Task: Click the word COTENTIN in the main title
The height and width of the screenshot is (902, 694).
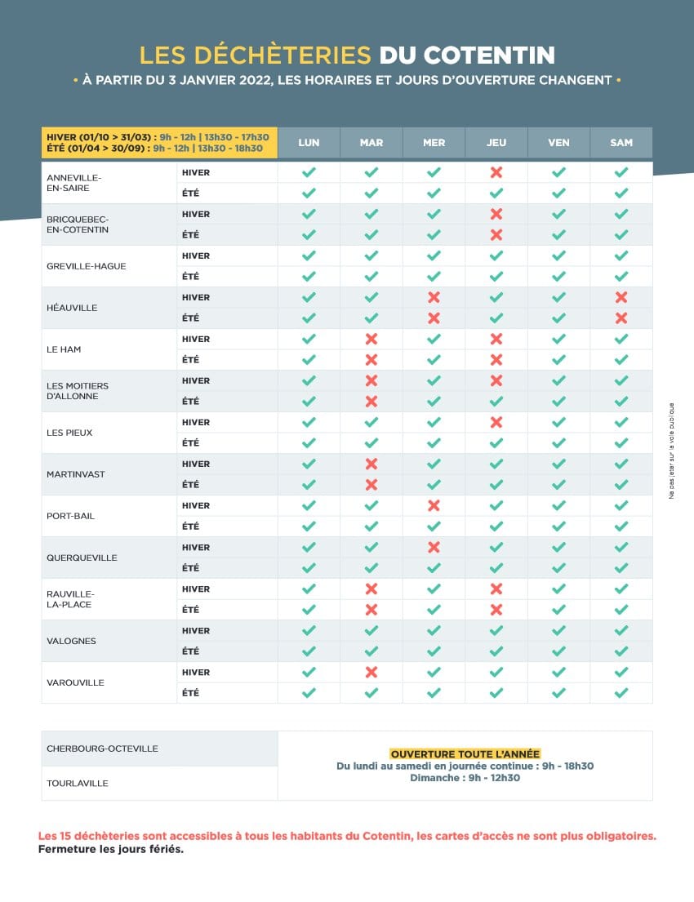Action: click(x=489, y=56)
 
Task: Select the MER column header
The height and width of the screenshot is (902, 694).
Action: click(x=434, y=143)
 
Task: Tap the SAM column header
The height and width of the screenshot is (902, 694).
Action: click(x=621, y=143)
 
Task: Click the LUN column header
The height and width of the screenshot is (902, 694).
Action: click(x=309, y=143)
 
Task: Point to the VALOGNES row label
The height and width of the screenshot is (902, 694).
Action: click(x=71, y=641)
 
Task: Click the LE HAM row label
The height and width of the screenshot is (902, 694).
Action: click(x=64, y=349)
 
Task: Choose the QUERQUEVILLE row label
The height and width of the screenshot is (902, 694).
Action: click(x=82, y=558)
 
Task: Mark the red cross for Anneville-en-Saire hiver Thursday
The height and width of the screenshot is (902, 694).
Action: click(x=496, y=172)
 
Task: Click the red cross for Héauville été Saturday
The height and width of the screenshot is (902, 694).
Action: click(x=621, y=318)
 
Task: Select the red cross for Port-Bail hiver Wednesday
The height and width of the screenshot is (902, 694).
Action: click(x=434, y=505)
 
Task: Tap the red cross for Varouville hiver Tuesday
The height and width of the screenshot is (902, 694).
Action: click(x=371, y=672)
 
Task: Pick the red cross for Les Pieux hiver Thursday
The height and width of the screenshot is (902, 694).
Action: click(x=496, y=422)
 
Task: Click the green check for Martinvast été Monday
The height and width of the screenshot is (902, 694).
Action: click(x=309, y=484)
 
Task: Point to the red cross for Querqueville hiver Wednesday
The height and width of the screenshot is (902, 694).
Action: click(x=434, y=547)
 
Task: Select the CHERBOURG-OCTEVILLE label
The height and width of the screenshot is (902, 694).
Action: click(x=102, y=749)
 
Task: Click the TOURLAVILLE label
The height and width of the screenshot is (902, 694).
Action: click(x=78, y=783)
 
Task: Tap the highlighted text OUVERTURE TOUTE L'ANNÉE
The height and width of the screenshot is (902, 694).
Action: click(x=465, y=753)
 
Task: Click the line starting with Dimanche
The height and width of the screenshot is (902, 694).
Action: click(x=465, y=778)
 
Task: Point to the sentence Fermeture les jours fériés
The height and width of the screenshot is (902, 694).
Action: click(x=111, y=849)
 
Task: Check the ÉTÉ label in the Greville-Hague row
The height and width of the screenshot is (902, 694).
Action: click(x=190, y=276)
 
